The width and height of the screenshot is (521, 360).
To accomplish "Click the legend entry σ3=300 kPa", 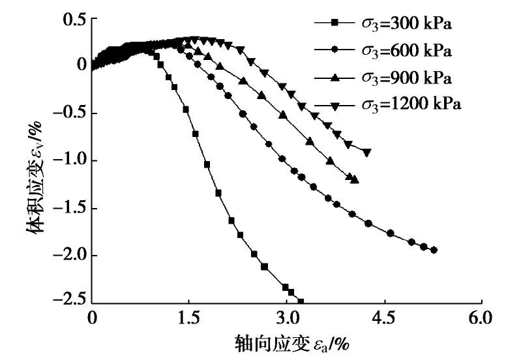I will (x=404, y=23).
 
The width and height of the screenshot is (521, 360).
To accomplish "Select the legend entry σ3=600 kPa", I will (x=404, y=50).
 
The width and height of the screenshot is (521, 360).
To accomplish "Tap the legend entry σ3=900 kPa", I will (x=404, y=78).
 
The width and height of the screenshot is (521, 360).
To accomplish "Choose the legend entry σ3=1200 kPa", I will (x=409, y=104).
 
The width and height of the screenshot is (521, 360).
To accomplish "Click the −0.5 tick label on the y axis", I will (x=69, y=113).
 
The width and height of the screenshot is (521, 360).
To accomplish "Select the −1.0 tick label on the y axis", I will (x=69, y=160).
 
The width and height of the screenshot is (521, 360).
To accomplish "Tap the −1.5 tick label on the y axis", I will (x=69, y=208).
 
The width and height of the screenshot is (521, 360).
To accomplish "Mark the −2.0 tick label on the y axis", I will (x=69, y=256).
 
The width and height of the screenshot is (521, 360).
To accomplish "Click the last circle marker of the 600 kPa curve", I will (x=434, y=250).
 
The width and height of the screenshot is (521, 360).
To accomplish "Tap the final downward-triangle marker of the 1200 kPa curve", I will (x=367, y=153).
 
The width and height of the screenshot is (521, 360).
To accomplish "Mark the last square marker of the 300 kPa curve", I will (x=301, y=301).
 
